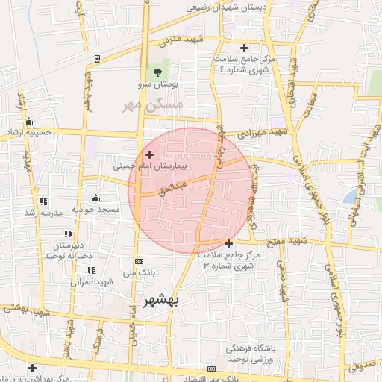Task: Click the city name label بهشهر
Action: click(x=162, y=301)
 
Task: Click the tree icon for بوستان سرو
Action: click(x=157, y=72)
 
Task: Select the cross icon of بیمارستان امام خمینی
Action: click(x=150, y=154)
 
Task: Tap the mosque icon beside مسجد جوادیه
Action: click(x=95, y=198)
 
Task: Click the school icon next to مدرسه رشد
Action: click(x=43, y=201)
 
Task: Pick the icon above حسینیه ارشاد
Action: click(x=28, y=122)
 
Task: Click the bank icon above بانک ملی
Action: click(x=139, y=261)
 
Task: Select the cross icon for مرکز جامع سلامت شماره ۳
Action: click(x=228, y=243)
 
